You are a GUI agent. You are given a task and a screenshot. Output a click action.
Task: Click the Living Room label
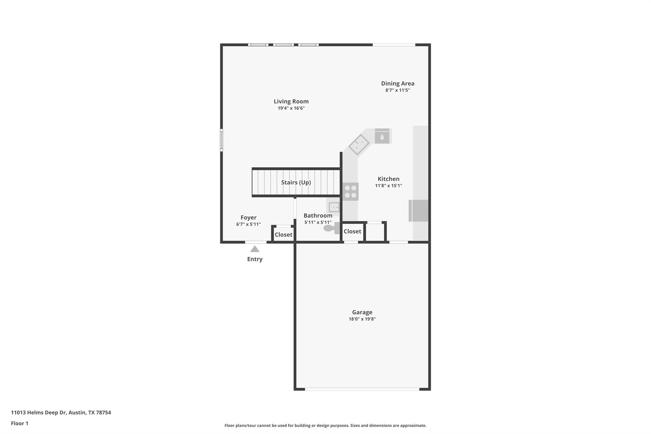coord(291,101)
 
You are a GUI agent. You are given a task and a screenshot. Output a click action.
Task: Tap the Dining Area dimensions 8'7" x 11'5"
coord(397,90)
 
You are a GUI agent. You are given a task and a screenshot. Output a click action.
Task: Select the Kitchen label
coord(388,179)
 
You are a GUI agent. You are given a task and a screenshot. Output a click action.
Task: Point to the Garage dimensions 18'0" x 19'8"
coord(362,319)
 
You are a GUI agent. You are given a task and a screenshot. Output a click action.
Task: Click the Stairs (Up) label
coord(296,183)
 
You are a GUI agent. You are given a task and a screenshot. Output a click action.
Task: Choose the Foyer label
coord(248,217)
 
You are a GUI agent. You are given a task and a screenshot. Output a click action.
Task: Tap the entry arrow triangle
coord(255,249)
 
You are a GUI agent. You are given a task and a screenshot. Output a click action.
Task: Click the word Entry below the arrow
coord(255,259)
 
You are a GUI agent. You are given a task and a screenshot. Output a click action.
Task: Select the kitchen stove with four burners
coord(351,191)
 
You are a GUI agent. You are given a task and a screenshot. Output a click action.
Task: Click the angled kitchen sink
coord(359,145)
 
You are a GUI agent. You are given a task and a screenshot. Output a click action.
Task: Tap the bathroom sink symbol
coord(334,207)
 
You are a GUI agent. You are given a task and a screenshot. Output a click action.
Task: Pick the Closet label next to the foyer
coord(283,235)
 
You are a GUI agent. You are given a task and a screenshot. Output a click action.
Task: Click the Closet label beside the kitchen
coord(352,231)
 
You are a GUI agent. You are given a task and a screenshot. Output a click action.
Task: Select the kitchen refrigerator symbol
coord(419,210)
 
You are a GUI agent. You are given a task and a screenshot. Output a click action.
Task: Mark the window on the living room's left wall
coord(222,139)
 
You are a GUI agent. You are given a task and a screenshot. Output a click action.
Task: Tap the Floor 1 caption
coord(19,424)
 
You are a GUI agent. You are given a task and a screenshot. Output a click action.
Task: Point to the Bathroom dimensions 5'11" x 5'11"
coord(318,223)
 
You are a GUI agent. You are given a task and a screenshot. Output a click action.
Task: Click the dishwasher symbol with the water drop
coord(382,136)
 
